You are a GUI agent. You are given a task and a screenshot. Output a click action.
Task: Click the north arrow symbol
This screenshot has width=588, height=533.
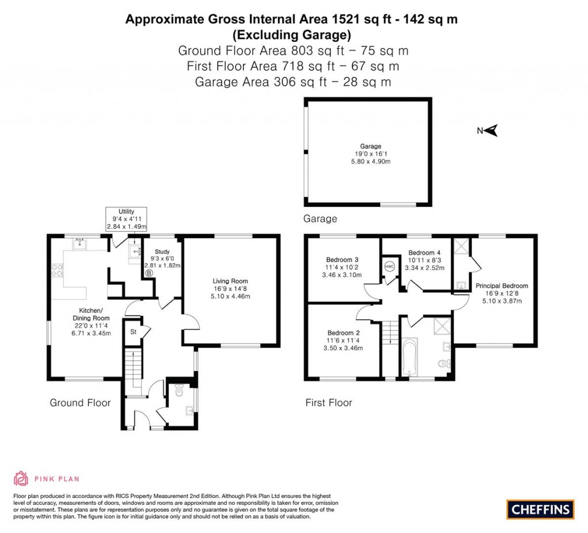coord(492,131)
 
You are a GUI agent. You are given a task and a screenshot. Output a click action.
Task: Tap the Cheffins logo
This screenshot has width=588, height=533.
coord(540,509)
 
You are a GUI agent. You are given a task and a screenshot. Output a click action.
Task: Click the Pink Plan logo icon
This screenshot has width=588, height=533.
coord(21,478)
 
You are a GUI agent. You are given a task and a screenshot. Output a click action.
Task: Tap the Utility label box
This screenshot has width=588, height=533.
coord(126,219)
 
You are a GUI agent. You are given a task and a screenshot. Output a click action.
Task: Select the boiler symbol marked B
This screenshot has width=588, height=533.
coord(149,273)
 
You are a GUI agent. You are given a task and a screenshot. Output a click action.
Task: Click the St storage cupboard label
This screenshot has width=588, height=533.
coord(133,331)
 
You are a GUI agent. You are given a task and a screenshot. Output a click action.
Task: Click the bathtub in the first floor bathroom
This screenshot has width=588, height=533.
coord(409,358)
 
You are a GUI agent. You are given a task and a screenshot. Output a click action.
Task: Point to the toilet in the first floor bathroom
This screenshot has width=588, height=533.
coord(443,364)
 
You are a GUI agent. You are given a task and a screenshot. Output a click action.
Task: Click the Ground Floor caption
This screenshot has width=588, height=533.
coord(80,403)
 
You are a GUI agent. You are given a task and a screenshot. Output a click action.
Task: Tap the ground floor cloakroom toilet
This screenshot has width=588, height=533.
coord(179,392)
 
